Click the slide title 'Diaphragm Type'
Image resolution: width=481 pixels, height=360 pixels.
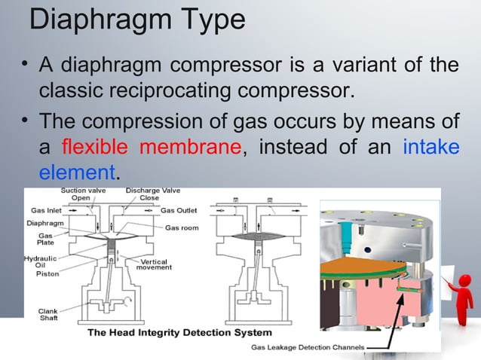136,20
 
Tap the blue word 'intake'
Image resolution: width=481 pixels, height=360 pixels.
430,146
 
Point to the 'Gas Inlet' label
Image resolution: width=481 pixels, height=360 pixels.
45,210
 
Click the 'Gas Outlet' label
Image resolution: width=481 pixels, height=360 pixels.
180,210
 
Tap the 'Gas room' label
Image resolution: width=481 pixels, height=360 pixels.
181,227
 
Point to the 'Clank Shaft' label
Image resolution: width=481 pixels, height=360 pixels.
47,315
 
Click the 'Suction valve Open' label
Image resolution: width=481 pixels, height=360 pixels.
83,195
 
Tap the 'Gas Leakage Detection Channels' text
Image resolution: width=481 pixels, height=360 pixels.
307,348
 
